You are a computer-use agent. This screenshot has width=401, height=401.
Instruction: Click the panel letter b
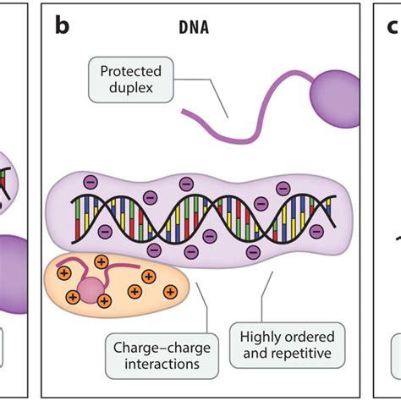click(63, 26)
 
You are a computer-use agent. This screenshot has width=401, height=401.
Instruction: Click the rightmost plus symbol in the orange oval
click(169, 292)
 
